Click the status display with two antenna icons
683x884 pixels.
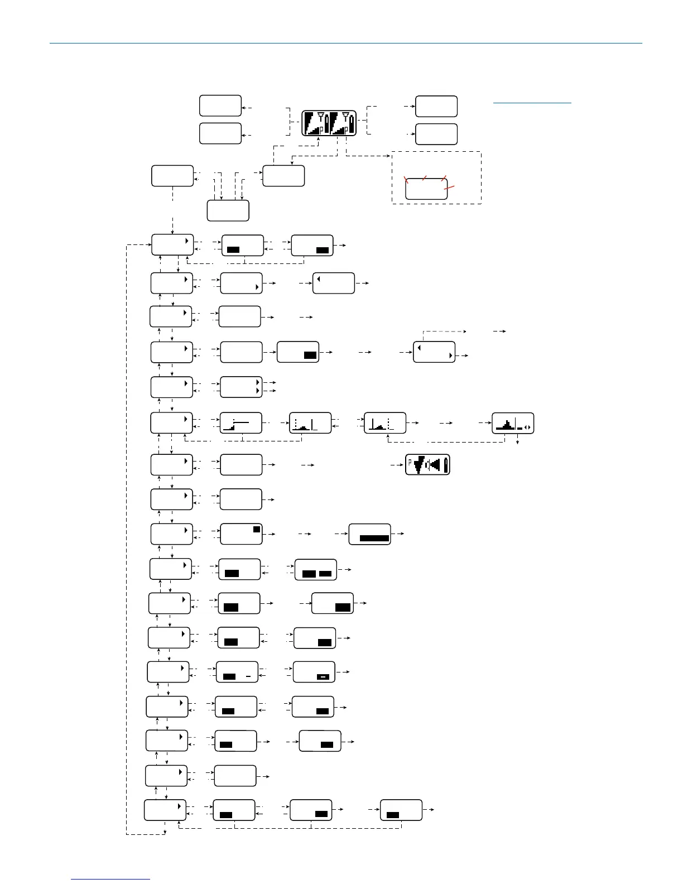click(329, 123)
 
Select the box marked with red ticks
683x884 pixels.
click(426, 189)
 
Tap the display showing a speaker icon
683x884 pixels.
click(427, 464)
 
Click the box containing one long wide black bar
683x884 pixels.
click(369, 534)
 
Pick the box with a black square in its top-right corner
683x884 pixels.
click(241, 534)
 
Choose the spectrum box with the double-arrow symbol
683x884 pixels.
click(513, 423)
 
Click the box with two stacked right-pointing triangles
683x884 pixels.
click(241, 387)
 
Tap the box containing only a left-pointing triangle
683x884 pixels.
click(334, 283)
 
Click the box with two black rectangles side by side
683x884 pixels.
click(316, 569)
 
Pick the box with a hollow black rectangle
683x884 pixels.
click(314, 672)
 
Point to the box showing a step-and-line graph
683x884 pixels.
click(241, 423)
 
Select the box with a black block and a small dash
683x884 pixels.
click(237, 672)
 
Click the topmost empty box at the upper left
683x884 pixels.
click(220, 105)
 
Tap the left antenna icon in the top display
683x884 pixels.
click(320, 117)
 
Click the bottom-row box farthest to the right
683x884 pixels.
click(401, 810)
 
